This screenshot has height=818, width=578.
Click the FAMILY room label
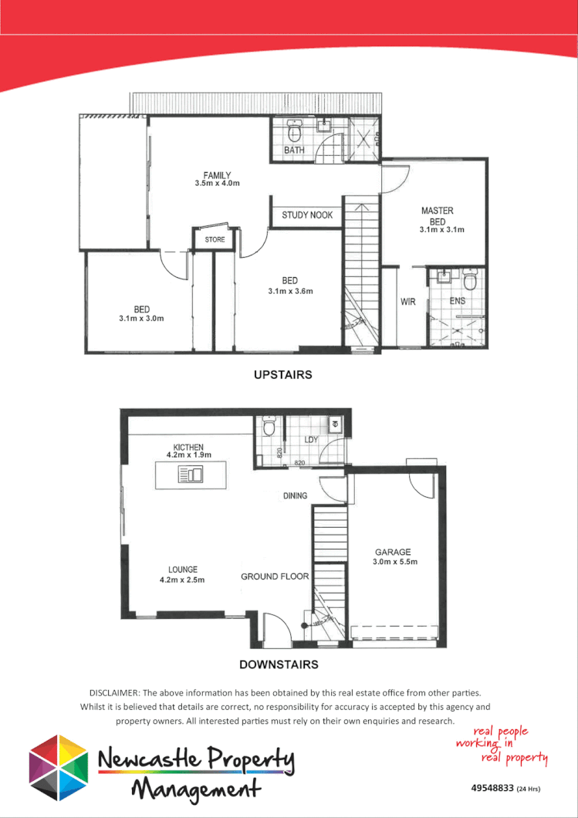(218, 175)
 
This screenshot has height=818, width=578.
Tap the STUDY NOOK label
(307, 215)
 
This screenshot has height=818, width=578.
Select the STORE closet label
(215, 240)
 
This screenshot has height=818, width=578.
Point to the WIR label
(408, 302)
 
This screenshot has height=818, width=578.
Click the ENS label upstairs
(457, 302)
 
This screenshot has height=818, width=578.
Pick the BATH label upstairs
(294, 150)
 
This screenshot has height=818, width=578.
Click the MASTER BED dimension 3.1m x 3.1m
(441, 230)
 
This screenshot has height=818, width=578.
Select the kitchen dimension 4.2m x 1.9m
(189, 456)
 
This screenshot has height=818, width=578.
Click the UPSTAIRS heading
(283, 375)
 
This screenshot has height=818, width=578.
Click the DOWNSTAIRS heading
(279, 664)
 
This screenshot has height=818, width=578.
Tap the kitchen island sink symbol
(191, 475)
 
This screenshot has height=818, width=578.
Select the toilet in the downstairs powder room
(269, 427)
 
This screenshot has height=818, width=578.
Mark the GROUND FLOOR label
(275, 576)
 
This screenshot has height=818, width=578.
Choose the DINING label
(295, 496)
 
